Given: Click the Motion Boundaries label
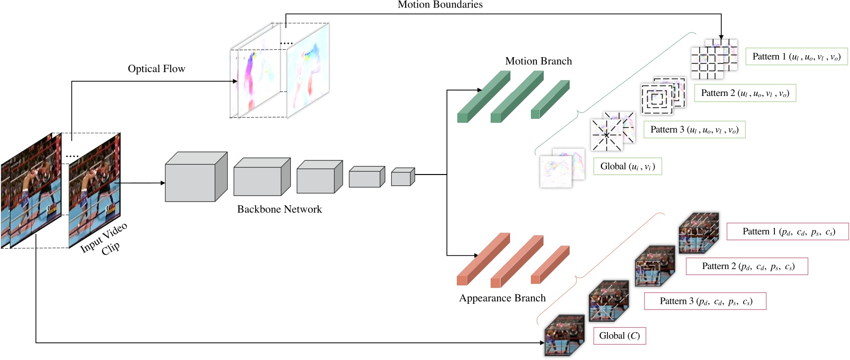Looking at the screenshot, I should coord(440,5).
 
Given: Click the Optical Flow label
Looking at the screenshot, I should coord(156,69).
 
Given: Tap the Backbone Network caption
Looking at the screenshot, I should coord(279,209).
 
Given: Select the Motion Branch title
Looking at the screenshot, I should coord(538,61).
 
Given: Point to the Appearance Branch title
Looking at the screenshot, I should coord(502,298).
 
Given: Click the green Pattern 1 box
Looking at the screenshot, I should coord(796,57).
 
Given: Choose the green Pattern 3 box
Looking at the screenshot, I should coord(694,130).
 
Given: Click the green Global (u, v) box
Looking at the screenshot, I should coord(627,167).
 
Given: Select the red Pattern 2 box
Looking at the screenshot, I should coord(747,267).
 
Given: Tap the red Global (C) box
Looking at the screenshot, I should coord(619,336).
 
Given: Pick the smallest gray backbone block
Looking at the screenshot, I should coord(402,177).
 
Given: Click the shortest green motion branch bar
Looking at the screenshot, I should coord(549,99).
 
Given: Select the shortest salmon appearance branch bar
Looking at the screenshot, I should coord(549,265).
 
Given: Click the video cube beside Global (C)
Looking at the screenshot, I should coord(564,335).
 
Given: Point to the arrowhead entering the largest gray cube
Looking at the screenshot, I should coord(163,183).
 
